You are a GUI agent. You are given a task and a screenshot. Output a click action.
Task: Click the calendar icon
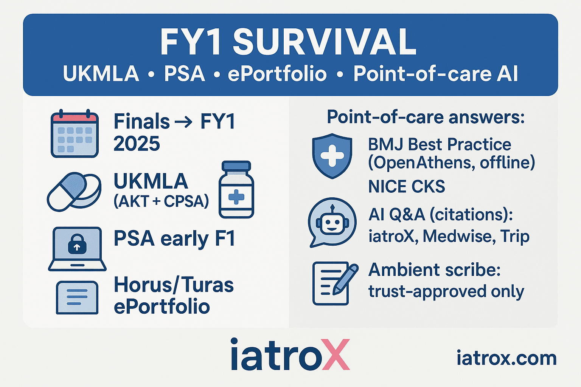point(75,134)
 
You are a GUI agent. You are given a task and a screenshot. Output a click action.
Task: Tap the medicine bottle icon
point(236,189)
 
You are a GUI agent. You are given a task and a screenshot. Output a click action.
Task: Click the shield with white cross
point(332,156)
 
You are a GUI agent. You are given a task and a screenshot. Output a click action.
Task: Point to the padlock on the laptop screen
point(77,244)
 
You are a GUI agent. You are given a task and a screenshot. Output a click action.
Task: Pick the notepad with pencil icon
point(335,283)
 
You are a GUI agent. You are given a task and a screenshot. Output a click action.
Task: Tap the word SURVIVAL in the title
point(325,42)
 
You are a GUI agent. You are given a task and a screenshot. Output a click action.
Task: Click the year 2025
point(137,144)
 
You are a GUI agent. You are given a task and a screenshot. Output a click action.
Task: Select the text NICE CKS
point(407,186)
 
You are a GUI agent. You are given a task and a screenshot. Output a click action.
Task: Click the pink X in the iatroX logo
point(336,354)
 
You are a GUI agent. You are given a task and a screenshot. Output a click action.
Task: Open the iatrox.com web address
point(506,358)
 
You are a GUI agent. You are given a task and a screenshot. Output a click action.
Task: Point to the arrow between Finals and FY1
point(183,122)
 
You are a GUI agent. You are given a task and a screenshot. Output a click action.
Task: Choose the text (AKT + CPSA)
point(161,201)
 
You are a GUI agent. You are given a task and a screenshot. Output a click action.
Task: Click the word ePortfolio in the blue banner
point(277,74)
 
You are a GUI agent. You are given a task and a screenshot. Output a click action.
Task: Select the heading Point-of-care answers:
point(426,118)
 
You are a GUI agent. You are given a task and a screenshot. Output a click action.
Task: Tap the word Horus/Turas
point(174,285)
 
